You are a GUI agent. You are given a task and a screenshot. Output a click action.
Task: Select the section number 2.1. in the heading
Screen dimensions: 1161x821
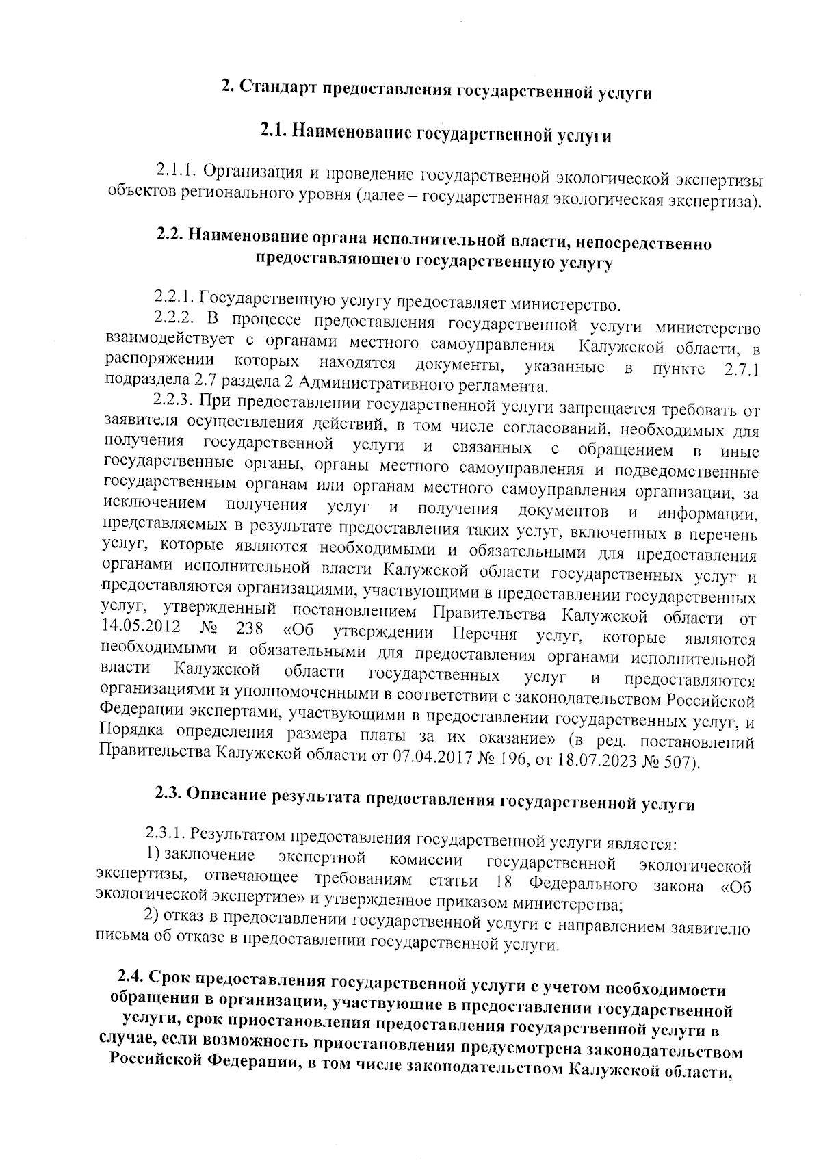click(274, 130)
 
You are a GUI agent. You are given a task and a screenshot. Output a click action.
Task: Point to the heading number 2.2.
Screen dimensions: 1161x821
click(170, 235)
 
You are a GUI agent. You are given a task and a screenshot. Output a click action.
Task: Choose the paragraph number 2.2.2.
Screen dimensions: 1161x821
click(176, 319)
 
